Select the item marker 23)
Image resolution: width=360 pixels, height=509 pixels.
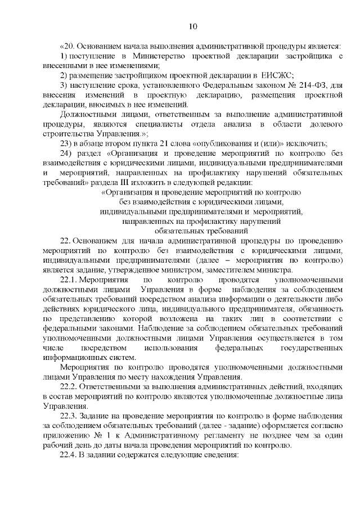coord(67,143)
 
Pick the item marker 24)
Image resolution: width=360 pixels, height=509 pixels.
coord(67,153)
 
